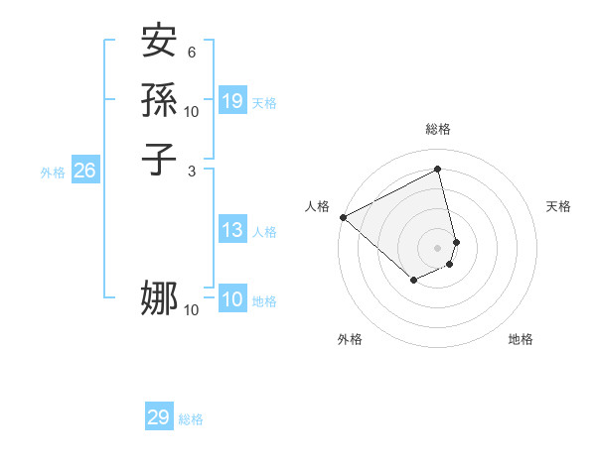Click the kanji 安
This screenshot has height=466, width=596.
click(x=160, y=44)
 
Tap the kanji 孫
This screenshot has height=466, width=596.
click(x=160, y=101)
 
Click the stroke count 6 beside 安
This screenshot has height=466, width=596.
click(x=192, y=52)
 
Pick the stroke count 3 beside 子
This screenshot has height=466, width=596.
click(x=192, y=170)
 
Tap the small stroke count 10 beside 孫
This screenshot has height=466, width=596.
click(x=192, y=111)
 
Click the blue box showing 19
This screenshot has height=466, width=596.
click(x=232, y=101)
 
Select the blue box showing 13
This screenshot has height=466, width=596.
click(x=232, y=231)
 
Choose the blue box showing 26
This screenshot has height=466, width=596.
click(x=85, y=172)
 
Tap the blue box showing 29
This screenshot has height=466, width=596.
click(x=159, y=418)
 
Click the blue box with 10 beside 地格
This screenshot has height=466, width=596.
click(x=232, y=300)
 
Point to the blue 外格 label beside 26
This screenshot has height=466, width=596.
click(x=53, y=173)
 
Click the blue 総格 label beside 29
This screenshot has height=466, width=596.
click(x=191, y=419)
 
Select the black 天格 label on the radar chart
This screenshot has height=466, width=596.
click(x=558, y=206)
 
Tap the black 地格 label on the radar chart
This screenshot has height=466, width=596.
click(x=521, y=339)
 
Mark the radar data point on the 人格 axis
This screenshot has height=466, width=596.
click(x=343, y=217)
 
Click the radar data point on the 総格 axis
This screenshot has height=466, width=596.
click(x=438, y=169)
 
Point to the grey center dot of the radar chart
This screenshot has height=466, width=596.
click(x=438, y=247)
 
